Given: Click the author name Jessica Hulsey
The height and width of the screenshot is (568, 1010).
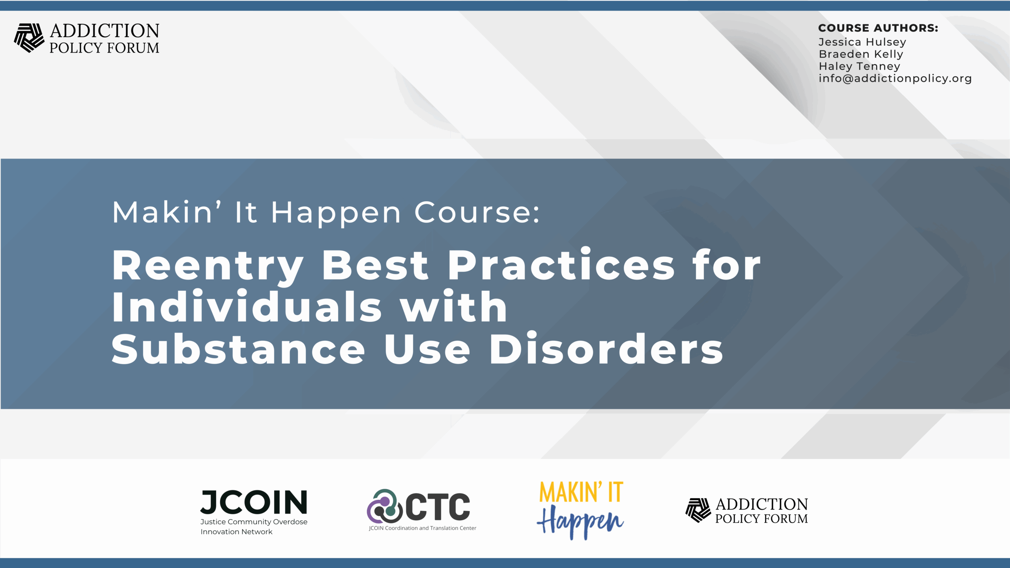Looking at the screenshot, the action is pos(862,42).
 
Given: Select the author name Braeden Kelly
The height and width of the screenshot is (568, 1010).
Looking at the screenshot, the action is pos(861,54).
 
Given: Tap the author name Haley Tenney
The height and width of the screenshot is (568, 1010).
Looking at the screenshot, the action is pos(859,66).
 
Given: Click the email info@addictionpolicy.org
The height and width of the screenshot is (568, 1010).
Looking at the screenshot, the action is pos(895,78).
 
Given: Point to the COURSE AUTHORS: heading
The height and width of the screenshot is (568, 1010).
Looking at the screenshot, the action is pos(878,28).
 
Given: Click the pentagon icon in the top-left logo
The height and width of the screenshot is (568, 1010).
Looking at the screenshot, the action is pos(29,38).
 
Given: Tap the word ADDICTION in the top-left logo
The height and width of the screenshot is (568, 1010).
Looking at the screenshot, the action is pos(105,31).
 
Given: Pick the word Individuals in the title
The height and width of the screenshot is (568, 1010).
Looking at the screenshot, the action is pos(247,306).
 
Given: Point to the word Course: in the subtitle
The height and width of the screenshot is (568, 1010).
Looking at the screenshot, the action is pos(477,213).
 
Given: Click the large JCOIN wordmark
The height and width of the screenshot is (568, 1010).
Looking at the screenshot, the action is pos(254,502).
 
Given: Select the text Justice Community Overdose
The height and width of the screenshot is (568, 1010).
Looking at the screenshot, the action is pos(254,522).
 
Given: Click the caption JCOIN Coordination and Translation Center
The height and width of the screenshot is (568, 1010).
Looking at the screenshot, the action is pos(423,528).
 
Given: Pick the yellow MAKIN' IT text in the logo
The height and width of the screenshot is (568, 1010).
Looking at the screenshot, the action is pos(581,492).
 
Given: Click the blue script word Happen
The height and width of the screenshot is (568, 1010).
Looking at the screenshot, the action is pos(580,521).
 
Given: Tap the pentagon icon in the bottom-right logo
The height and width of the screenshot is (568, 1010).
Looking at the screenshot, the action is pos(698,510).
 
